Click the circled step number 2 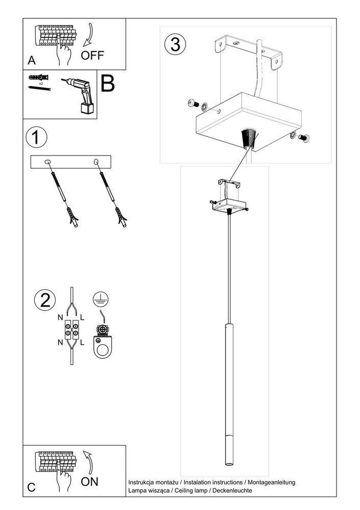(45, 299)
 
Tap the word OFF (92, 56)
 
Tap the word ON (90, 481)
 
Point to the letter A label (32, 61)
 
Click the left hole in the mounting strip (48, 162)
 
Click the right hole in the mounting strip (95, 162)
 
